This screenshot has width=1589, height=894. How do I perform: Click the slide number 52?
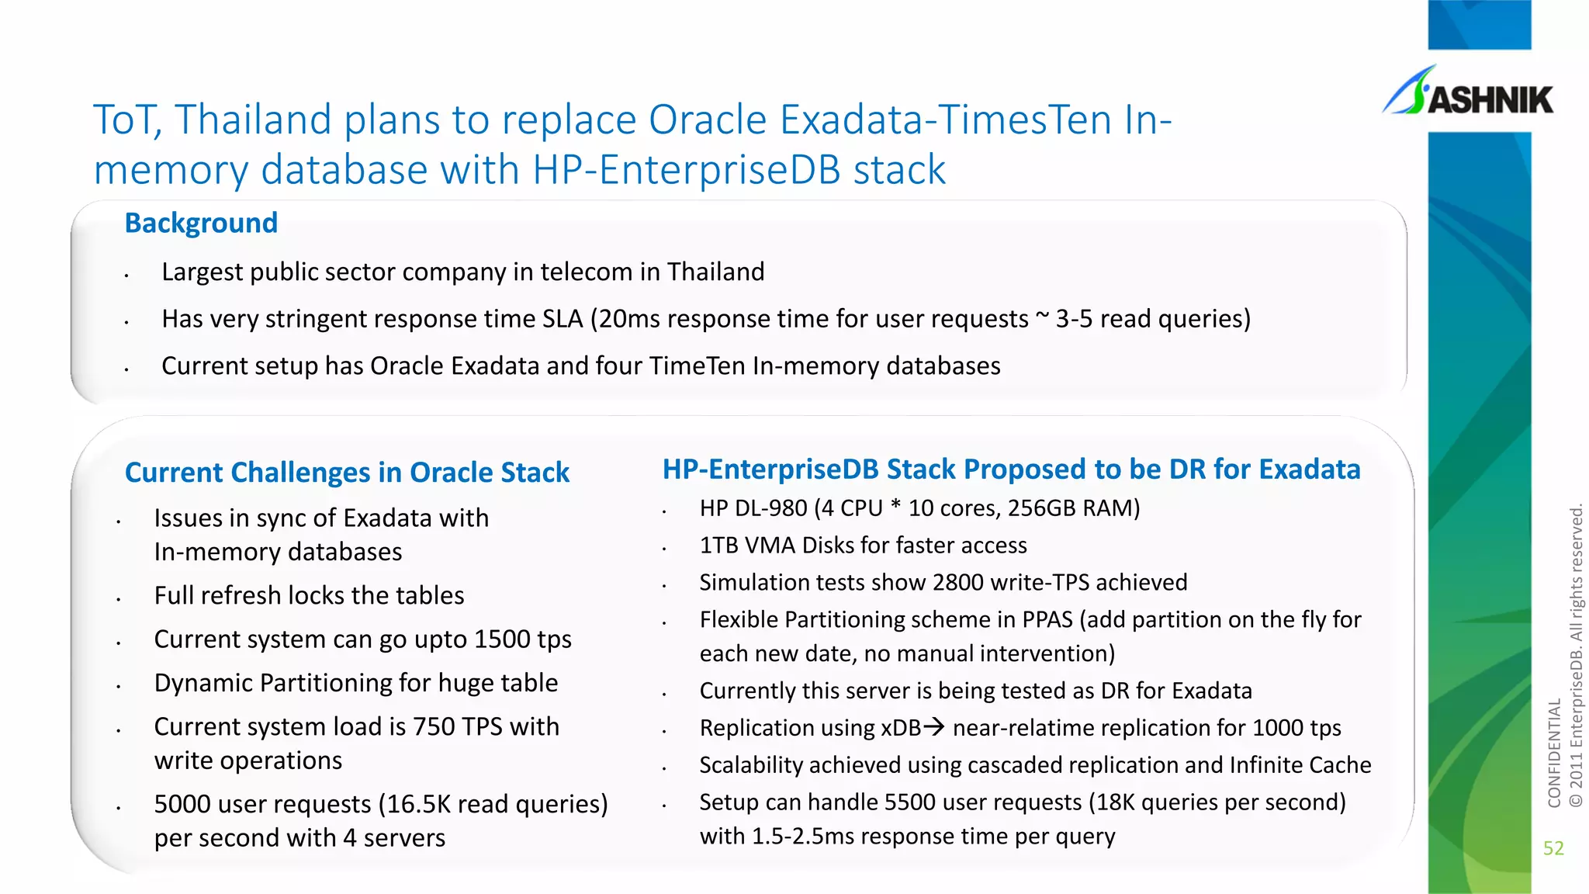1553,848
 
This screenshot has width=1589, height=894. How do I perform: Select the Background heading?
201,223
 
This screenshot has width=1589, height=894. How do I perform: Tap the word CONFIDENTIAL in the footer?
1554,753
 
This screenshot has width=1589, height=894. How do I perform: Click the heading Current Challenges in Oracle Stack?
347,473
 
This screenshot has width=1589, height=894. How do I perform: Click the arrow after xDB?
934,727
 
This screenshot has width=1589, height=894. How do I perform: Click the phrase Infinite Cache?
1300,765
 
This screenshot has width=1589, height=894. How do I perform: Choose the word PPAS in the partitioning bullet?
1047,620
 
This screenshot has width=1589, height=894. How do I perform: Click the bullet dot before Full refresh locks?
119,599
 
